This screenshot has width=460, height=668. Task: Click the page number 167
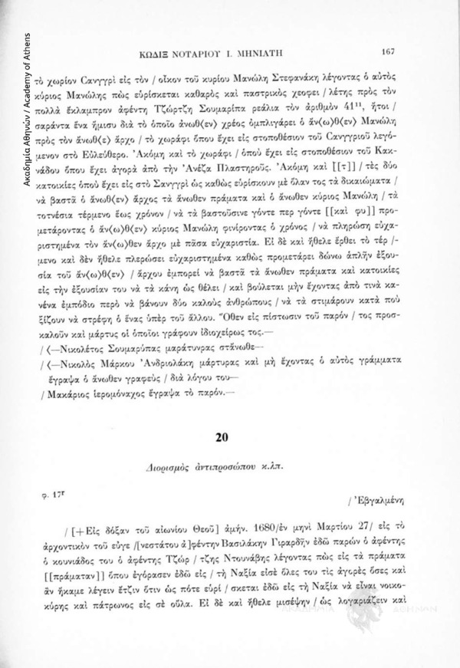point(386,52)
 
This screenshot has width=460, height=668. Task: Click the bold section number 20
point(224,438)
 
